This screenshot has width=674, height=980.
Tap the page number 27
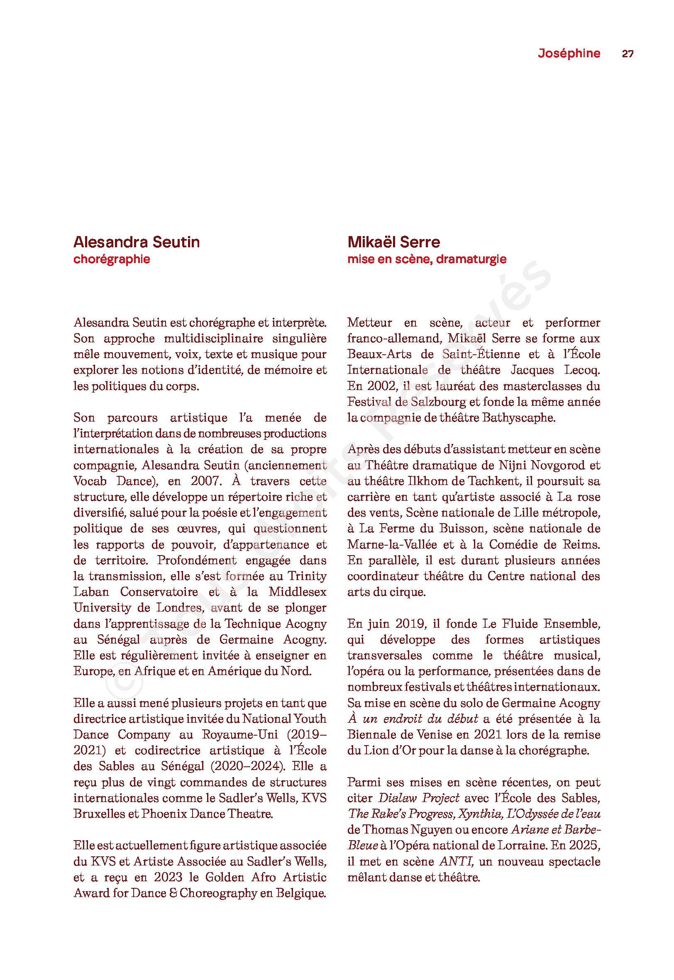(x=628, y=54)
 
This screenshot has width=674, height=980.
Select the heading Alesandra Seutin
(x=137, y=242)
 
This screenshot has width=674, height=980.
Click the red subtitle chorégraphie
(x=112, y=259)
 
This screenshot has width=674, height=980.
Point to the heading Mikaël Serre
(x=393, y=242)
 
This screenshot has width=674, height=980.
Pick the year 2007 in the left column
(x=206, y=481)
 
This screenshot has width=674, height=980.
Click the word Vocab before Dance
(x=90, y=481)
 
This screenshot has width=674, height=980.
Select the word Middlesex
(x=297, y=592)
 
